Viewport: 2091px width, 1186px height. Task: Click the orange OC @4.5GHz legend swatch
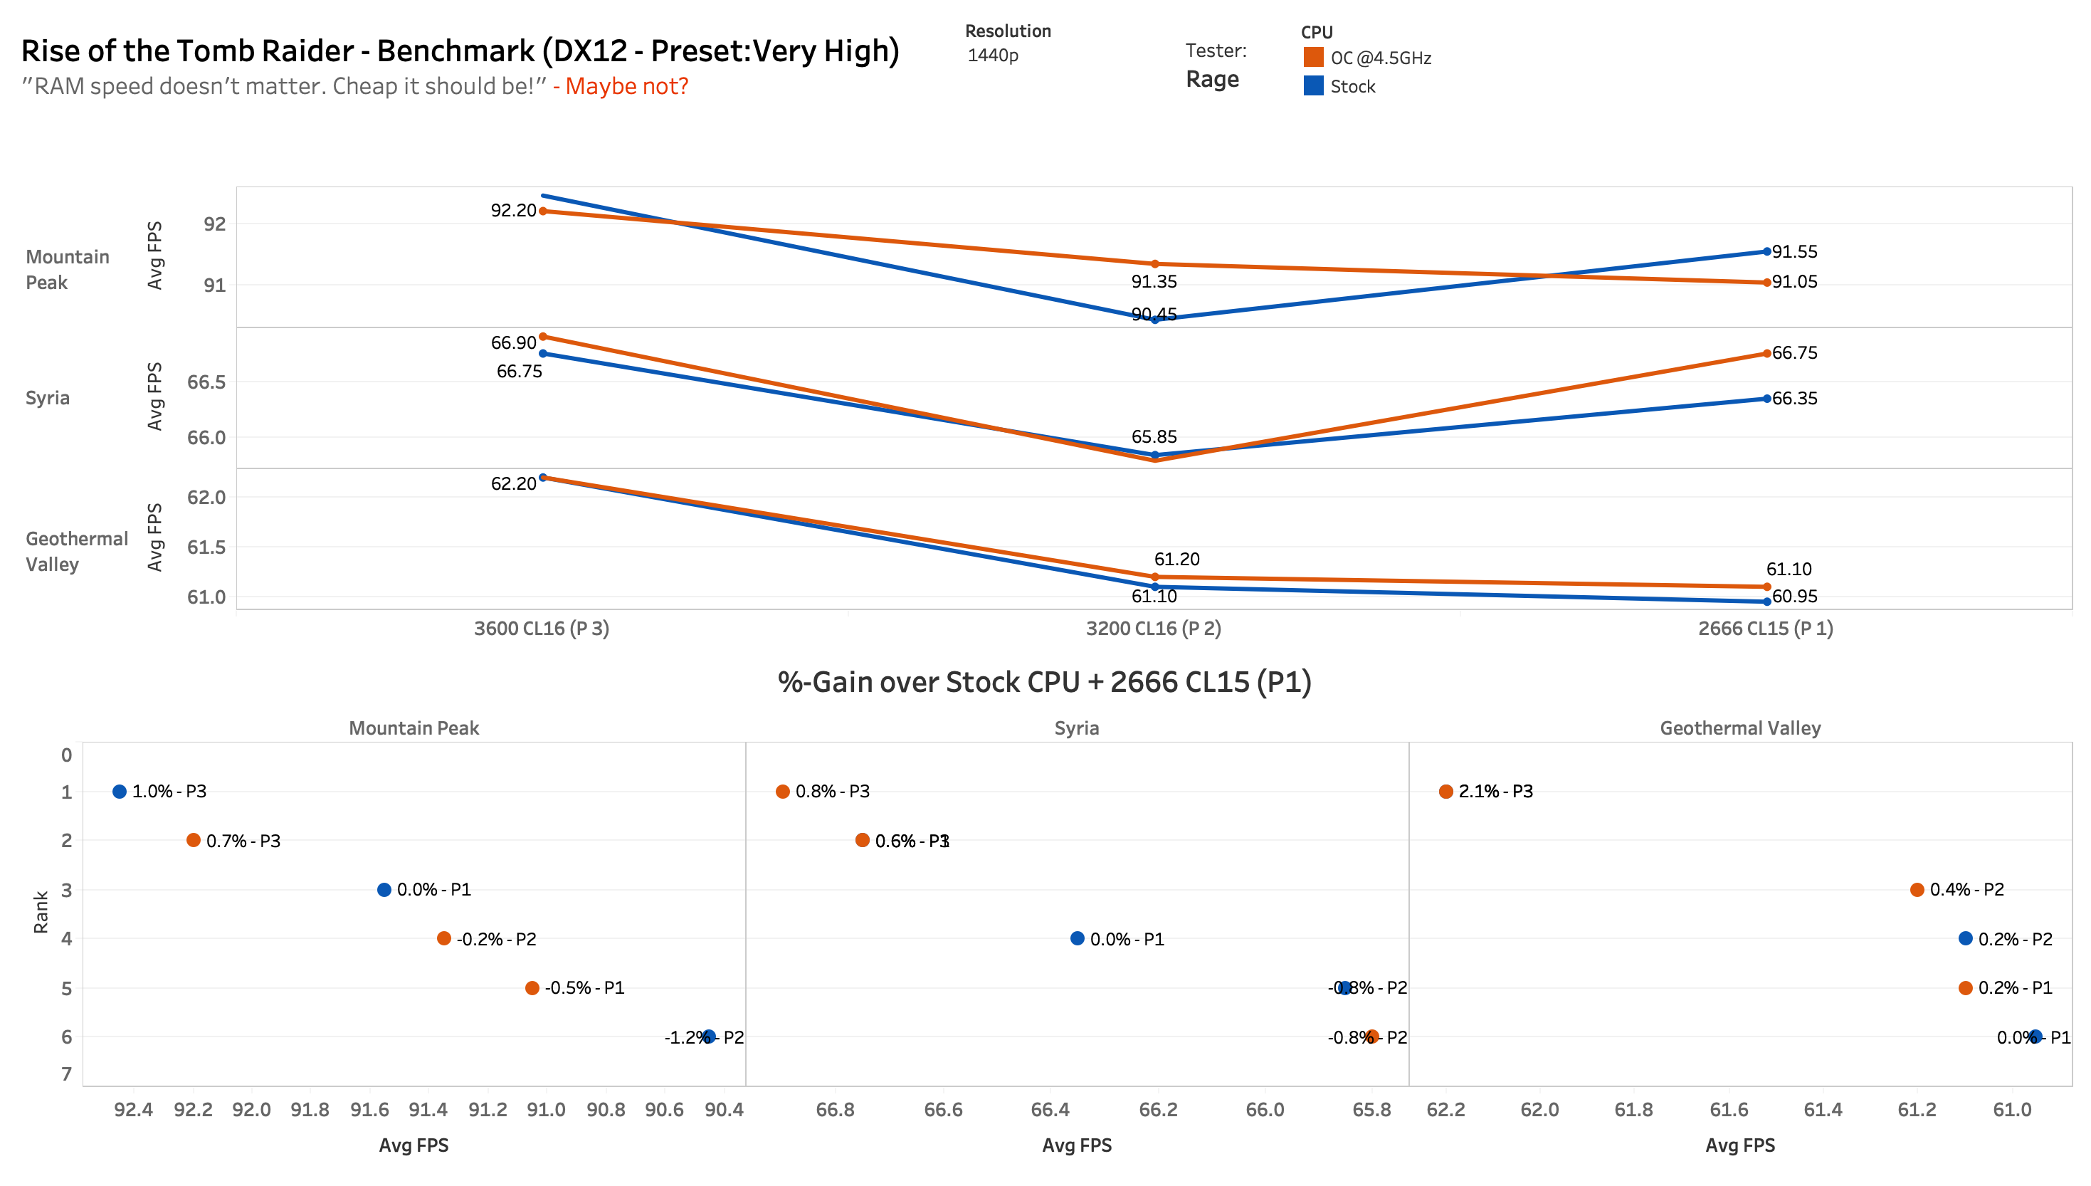[1312, 57]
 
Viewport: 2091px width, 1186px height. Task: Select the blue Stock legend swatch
[1312, 85]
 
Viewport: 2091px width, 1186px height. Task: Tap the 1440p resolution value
[993, 56]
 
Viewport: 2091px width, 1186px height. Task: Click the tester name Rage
[1211, 79]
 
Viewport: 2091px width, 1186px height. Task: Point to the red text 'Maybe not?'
[626, 85]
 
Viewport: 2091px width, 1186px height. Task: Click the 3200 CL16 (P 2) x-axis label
[1153, 628]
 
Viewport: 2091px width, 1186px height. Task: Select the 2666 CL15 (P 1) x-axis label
[1764, 628]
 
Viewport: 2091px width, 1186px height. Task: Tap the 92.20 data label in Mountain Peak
[513, 210]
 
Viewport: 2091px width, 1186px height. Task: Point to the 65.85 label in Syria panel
[1153, 436]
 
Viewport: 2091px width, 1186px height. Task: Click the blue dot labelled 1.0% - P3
[120, 791]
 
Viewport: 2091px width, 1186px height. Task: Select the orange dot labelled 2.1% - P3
[1445, 791]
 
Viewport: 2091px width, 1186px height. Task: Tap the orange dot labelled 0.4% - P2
[1917, 890]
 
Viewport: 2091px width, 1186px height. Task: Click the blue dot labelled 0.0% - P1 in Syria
[1076, 938]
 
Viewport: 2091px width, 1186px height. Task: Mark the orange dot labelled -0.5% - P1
[532, 988]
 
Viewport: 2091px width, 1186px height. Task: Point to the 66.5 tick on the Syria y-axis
[206, 382]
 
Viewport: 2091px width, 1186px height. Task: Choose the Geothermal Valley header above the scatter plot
[1739, 728]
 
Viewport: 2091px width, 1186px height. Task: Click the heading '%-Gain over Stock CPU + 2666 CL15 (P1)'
[1044, 682]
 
